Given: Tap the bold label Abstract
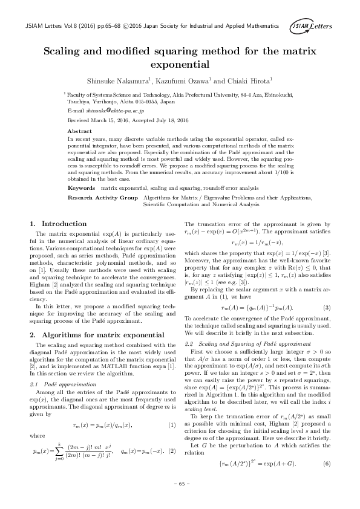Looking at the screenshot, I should (x=80, y=131).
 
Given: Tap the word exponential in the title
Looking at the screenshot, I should (x=180, y=63).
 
